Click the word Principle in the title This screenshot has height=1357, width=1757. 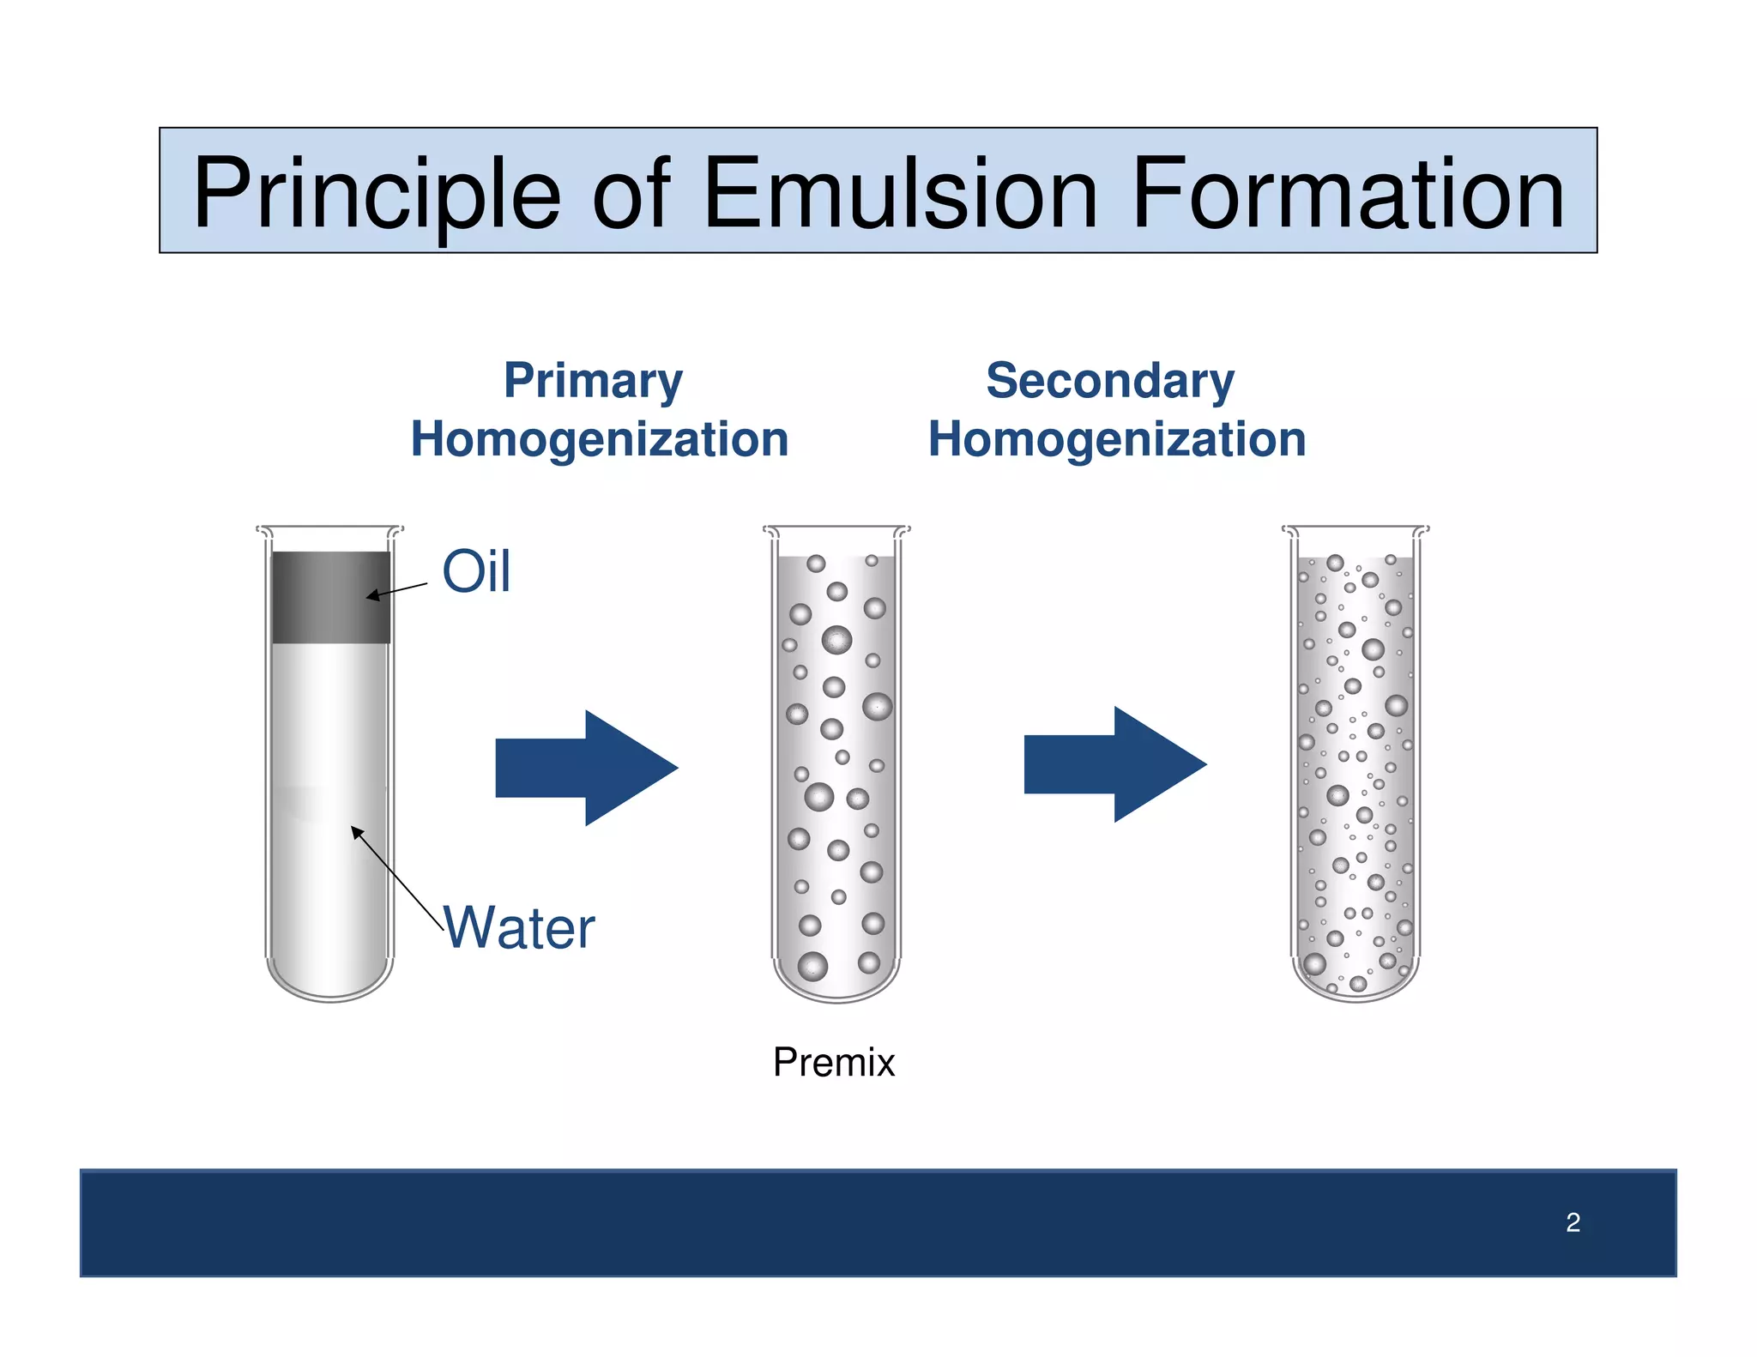coord(376,195)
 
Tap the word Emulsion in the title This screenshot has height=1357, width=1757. coord(900,195)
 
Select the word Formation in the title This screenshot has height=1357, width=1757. coord(1348,195)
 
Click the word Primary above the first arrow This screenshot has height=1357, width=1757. coord(593,381)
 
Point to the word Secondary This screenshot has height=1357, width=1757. coord(1109,381)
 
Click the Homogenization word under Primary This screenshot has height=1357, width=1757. coord(599,439)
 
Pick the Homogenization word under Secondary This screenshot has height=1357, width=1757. coord(1116,439)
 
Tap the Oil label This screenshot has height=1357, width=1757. coord(476,571)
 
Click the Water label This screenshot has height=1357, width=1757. coord(519,928)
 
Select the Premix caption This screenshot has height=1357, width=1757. coord(833,1062)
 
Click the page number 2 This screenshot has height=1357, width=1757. coord(1572,1222)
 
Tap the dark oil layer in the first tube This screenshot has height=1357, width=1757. coord(330,597)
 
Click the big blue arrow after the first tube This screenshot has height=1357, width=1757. coord(587,768)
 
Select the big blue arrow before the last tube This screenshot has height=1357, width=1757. coord(1115,764)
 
